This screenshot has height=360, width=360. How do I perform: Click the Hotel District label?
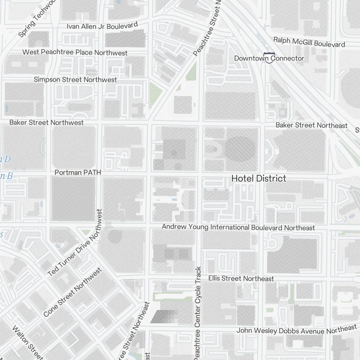(x=259, y=178)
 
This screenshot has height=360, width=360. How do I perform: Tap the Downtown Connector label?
(x=269, y=58)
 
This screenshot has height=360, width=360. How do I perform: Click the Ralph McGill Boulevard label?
(x=309, y=42)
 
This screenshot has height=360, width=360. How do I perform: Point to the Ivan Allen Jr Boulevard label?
(x=103, y=26)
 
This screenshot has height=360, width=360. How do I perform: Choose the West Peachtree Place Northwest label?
(x=75, y=53)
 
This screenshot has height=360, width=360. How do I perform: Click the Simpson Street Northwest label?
(x=75, y=79)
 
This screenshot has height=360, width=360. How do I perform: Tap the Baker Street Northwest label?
(x=46, y=122)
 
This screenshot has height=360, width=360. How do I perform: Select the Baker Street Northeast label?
(x=311, y=125)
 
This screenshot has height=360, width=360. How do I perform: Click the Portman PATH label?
(x=77, y=173)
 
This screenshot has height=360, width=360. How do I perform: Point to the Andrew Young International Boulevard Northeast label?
(x=238, y=228)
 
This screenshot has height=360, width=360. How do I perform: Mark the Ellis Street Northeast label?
(x=241, y=279)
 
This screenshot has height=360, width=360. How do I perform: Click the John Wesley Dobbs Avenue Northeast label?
(x=296, y=330)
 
